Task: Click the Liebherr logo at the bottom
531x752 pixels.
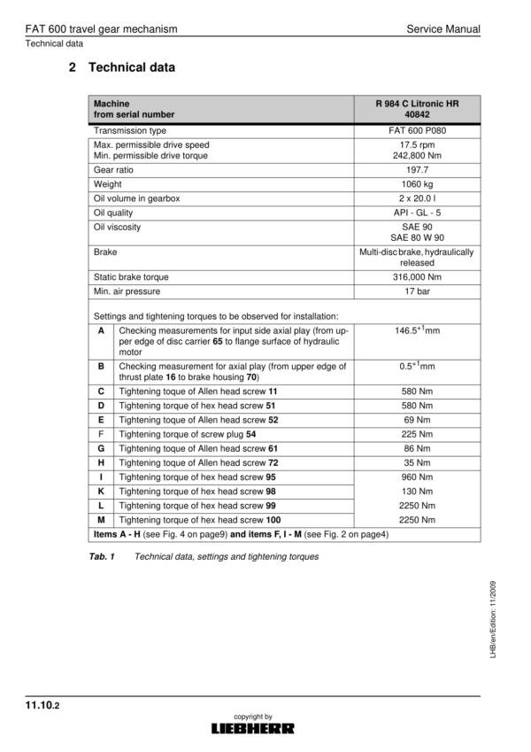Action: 253,728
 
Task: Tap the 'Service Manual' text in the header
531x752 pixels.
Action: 443,29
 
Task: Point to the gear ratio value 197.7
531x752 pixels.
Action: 416,168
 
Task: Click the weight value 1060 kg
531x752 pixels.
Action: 416,183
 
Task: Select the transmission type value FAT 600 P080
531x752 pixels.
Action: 416,130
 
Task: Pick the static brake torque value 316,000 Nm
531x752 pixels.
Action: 416,277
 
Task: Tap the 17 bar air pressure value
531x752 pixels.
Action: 416,291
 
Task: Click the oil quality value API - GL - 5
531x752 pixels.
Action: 416,213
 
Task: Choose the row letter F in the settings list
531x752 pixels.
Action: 102,434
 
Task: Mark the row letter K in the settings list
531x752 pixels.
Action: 102,491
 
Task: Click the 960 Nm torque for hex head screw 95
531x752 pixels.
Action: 416,477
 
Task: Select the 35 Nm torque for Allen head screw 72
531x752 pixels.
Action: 416,462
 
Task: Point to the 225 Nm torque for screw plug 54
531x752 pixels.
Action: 416,434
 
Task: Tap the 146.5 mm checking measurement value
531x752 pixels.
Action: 416,330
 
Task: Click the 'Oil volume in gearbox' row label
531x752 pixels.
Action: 136,198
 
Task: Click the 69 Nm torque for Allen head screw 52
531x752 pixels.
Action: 416,420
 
